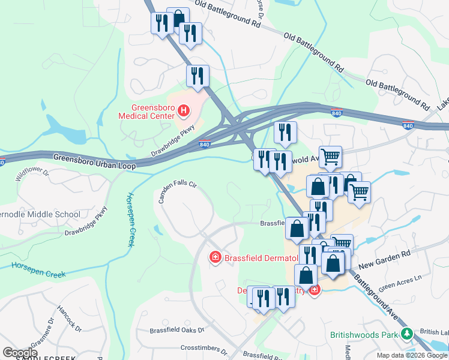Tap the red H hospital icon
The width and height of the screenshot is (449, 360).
[184, 111]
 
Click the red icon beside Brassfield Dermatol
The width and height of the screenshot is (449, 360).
[214, 257]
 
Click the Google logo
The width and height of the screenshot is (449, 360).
[20, 352]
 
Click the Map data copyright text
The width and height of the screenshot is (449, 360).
[412, 355]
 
